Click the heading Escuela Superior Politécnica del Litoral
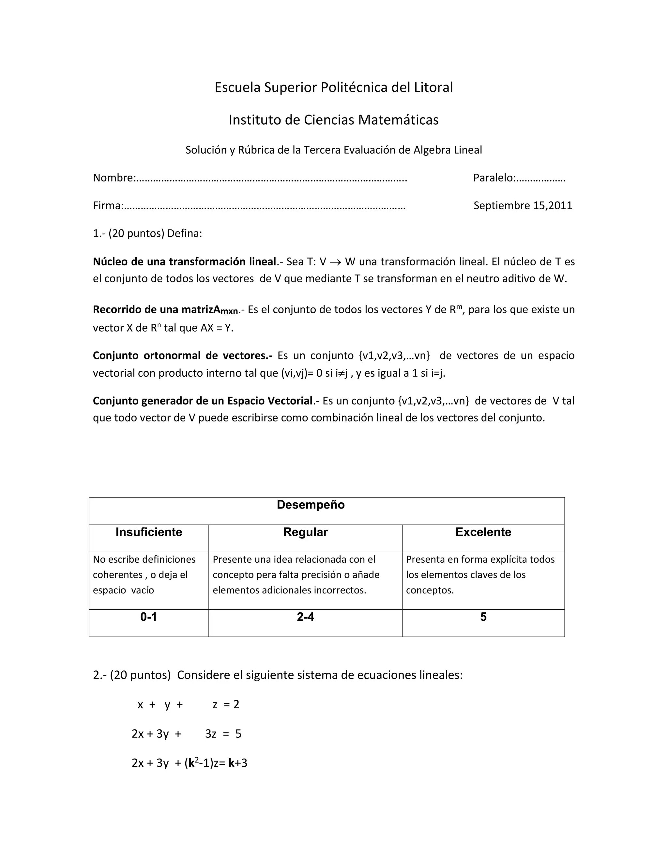point(334,87)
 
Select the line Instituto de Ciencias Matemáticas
point(334,119)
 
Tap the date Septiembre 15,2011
point(523,205)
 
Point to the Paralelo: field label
point(494,178)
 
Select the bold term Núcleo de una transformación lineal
point(184,261)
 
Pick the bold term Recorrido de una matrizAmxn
point(166,310)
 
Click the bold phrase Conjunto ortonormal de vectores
point(182,355)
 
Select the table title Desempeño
point(311,505)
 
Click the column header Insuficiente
point(149,532)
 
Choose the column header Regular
point(306,532)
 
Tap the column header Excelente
point(483,532)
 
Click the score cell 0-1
point(149,617)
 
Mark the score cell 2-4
point(306,617)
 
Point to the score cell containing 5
point(483,617)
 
